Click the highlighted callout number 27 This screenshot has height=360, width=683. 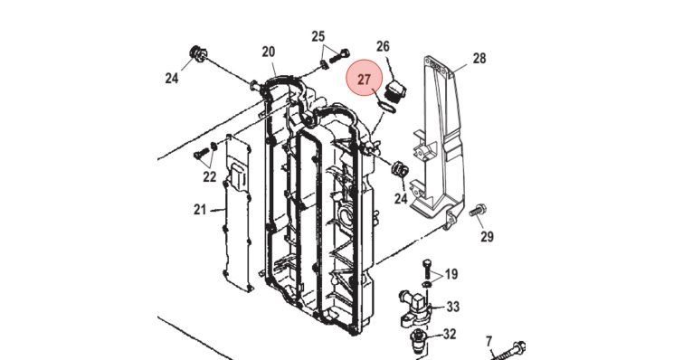(365, 80)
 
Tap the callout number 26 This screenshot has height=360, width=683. (383, 46)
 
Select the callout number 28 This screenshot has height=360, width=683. (479, 58)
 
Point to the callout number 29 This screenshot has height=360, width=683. (487, 236)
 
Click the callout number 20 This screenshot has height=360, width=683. (269, 52)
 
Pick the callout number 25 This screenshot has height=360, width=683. (318, 36)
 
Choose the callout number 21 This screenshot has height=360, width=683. (200, 210)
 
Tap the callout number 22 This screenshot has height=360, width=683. (210, 176)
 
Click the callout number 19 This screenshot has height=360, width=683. (451, 274)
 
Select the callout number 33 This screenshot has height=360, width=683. (453, 307)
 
